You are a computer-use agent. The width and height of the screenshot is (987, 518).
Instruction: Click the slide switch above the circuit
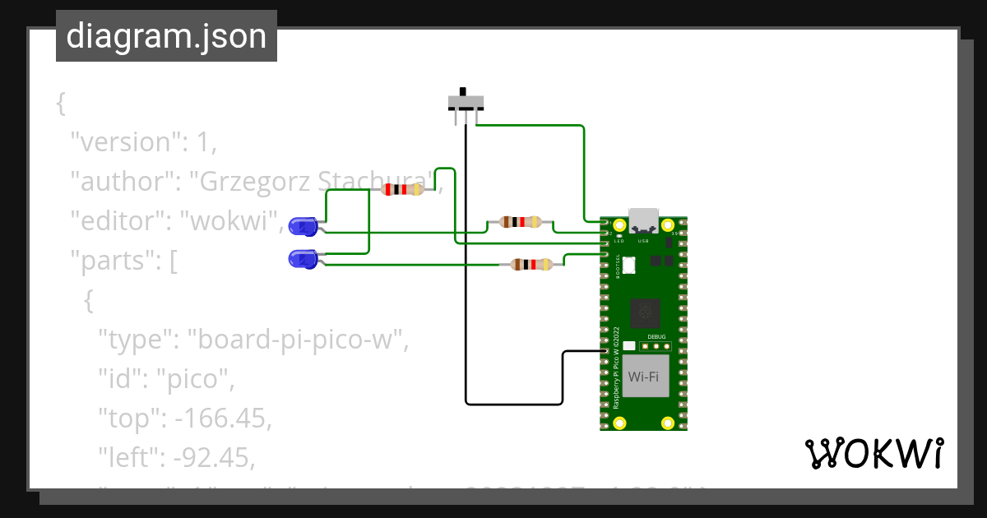pos(466,103)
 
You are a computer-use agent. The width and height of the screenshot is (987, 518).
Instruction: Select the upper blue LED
pos(304,225)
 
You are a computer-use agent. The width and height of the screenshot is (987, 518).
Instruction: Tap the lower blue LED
pos(303,260)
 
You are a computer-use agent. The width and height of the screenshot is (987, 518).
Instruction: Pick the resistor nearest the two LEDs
pos(402,189)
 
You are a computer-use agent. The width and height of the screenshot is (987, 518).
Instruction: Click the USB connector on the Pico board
pos(643,220)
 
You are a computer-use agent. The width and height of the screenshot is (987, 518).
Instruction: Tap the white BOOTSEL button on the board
pos(630,265)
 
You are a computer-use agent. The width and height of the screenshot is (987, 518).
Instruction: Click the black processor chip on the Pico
pos(645,312)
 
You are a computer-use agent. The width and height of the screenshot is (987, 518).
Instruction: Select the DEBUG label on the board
pos(656,337)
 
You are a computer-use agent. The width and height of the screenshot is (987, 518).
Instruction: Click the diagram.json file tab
pos(166,36)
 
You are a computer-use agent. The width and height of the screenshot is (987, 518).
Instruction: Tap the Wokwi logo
pos(874,453)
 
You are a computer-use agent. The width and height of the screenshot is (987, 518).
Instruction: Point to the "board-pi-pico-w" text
pos(298,339)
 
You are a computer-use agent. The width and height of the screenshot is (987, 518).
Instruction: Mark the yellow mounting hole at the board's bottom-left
pos(619,423)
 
